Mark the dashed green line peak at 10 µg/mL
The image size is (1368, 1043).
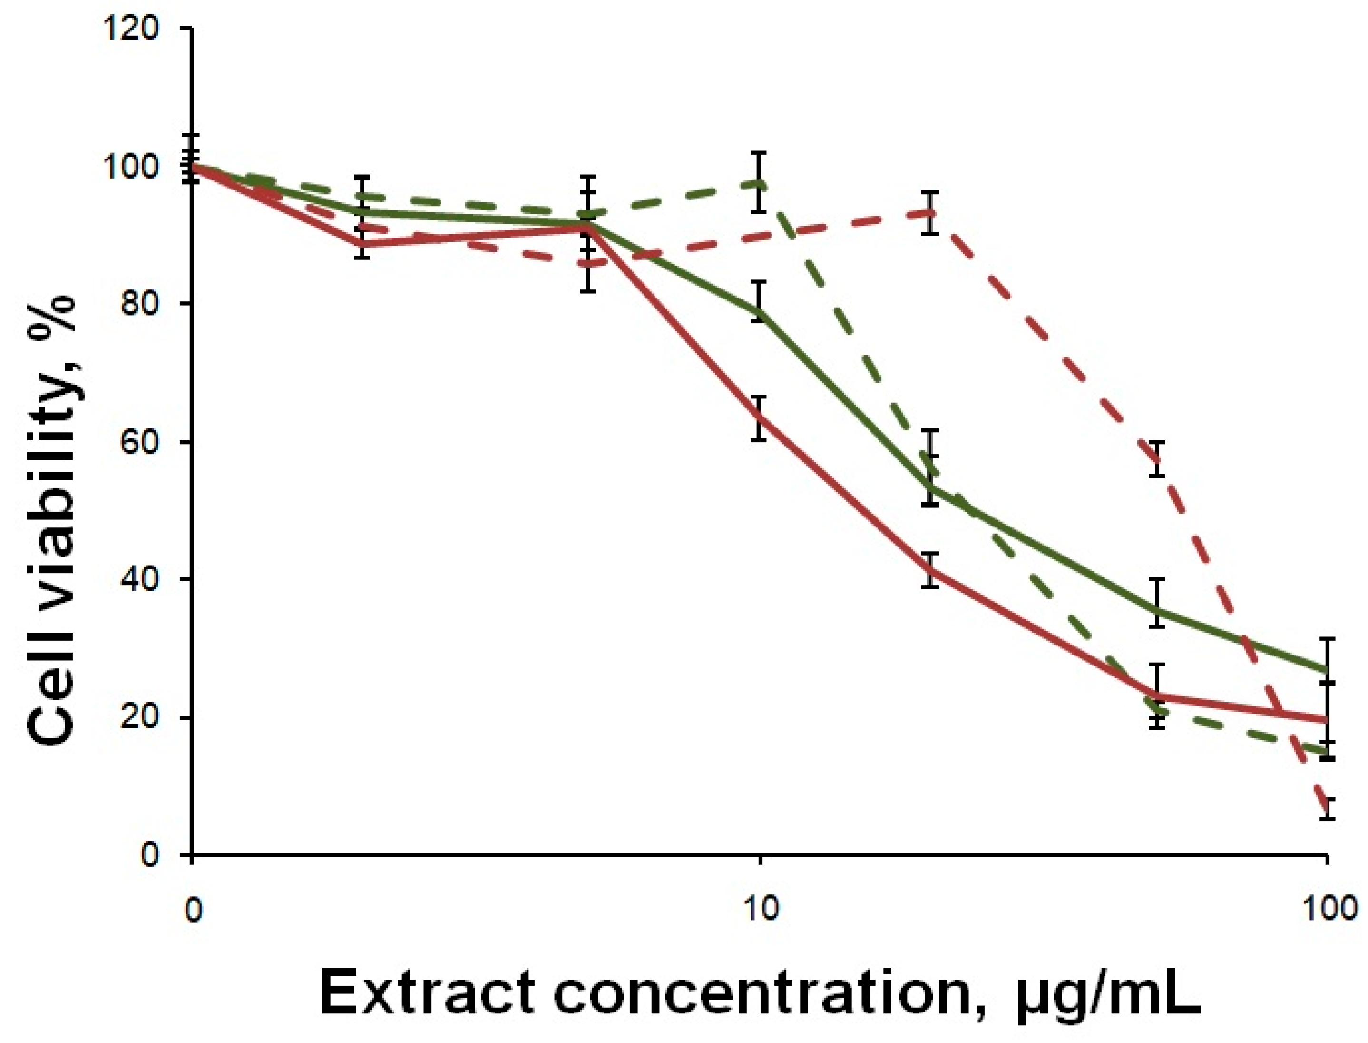758,184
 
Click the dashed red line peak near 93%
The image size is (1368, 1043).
929,213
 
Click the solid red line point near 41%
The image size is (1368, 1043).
929,570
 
